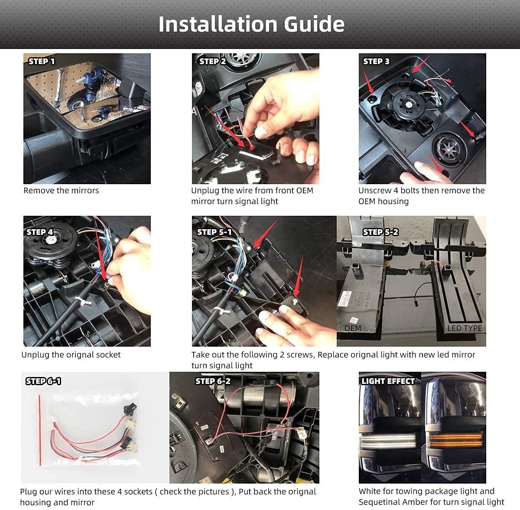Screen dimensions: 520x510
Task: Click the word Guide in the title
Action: pyautogui.click(x=314, y=24)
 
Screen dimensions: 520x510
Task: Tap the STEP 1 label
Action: pyautogui.click(x=42, y=61)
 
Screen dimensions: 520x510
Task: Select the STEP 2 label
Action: pyautogui.click(x=212, y=61)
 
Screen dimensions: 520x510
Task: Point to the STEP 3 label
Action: pyautogui.click(x=376, y=61)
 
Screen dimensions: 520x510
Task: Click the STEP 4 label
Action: pyautogui.click(x=40, y=232)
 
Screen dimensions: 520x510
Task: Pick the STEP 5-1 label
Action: pyautogui.click(x=214, y=232)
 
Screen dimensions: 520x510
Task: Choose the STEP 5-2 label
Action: pyautogui.click(x=380, y=232)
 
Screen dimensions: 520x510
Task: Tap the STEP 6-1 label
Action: pyautogui.click(x=43, y=381)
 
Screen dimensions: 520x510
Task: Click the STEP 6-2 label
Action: pyautogui.click(x=213, y=381)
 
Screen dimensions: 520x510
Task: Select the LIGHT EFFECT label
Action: pyautogui.click(x=388, y=381)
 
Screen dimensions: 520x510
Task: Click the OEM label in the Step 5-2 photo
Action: pyautogui.click(x=353, y=328)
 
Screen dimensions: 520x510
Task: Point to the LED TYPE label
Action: pyautogui.click(x=465, y=328)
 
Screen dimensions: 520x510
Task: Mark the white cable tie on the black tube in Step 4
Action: pyautogui.click(x=82, y=300)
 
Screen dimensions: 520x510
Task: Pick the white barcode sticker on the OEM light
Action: pyautogui.click(x=344, y=299)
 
